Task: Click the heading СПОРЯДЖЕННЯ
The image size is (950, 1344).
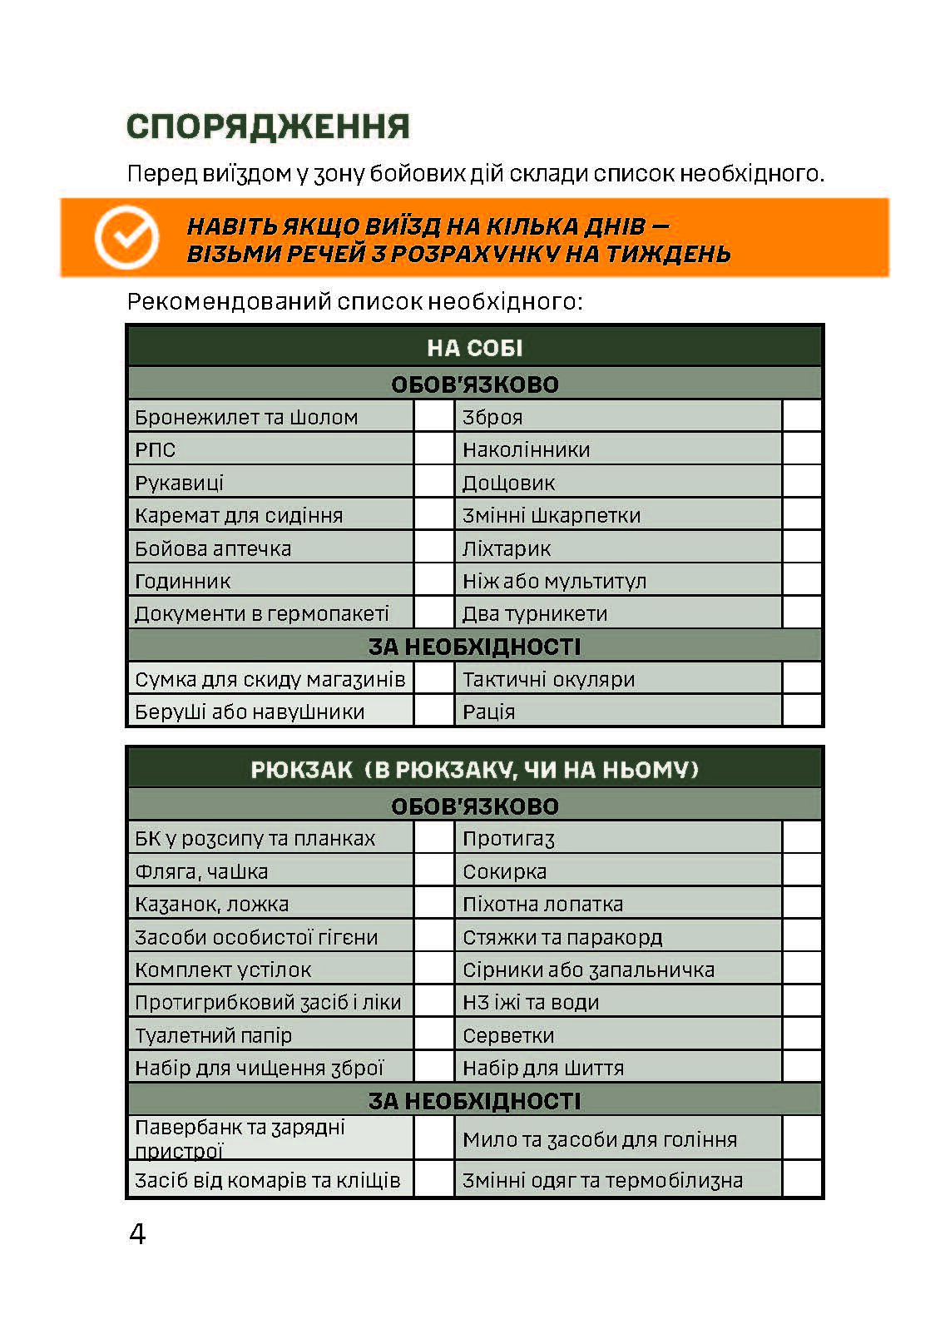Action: [268, 126]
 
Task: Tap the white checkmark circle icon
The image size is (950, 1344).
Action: [126, 237]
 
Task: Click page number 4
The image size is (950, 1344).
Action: [137, 1233]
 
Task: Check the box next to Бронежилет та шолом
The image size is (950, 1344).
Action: [433, 416]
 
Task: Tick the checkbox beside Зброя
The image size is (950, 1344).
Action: [802, 416]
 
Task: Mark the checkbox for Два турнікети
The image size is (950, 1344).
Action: [802, 613]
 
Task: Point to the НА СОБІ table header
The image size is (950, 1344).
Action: [474, 347]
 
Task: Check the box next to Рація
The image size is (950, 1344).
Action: [802, 712]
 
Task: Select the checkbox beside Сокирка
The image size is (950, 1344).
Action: [802, 871]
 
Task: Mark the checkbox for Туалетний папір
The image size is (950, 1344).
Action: [433, 1035]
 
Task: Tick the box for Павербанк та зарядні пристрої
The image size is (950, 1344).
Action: [433, 1138]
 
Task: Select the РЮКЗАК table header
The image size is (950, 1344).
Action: [474, 769]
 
